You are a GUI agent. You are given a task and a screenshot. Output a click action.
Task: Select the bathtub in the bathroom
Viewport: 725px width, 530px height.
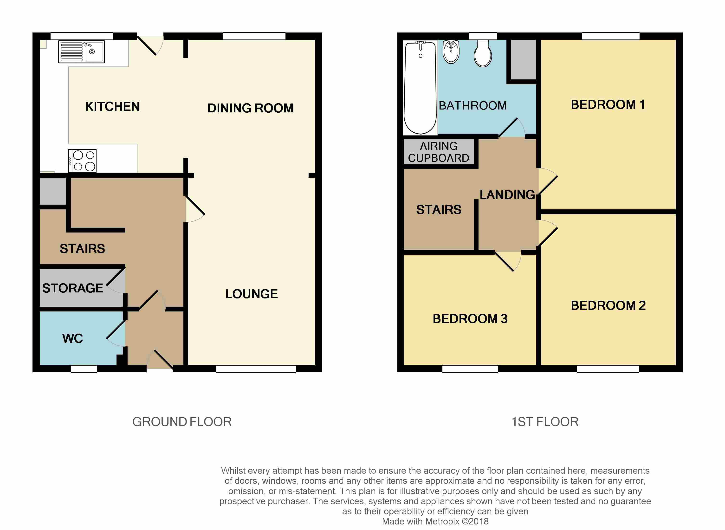coord(420,87)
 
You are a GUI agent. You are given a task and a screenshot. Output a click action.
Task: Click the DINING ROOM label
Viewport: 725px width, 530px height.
coord(250,108)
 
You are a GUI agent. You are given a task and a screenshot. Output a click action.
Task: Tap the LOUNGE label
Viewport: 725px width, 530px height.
coord(252,294)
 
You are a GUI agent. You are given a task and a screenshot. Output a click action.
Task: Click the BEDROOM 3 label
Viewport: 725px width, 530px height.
coord(470,319)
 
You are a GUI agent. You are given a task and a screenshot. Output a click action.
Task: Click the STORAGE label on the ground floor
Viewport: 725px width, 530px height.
coord(72,288)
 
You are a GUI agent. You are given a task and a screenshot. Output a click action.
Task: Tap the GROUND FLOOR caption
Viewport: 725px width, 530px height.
coord(182,421)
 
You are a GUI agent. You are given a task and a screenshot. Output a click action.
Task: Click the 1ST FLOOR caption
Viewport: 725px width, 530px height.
coord(545,421)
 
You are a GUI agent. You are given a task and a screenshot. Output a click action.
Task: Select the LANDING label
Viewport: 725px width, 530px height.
coord(507,195)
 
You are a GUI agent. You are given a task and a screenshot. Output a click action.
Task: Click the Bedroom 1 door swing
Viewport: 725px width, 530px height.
coord(547,181)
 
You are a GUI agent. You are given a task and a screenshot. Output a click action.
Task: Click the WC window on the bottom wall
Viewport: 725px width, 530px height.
coord(84,369)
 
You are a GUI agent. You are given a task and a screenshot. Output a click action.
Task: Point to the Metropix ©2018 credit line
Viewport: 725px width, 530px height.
coord(435,521)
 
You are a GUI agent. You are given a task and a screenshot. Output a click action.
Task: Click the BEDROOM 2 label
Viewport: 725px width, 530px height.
coord(608,305)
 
